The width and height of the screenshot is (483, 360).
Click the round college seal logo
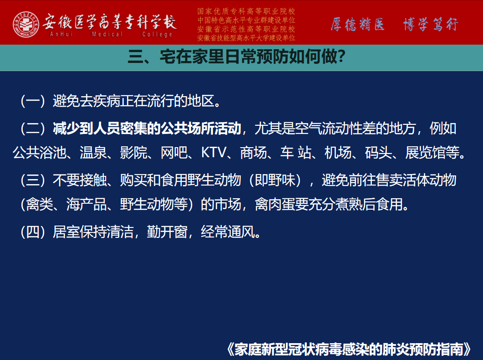click(x=26, y=25)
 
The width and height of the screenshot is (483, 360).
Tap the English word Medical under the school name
click(x=107, y=34)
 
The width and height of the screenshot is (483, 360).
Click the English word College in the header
click(x=157, y=34)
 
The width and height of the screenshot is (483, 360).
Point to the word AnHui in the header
click(x=61, y=34)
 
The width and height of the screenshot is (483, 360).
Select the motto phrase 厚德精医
click(x=358, y=24)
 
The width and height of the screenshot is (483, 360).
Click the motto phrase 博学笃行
click(x=431, y=24)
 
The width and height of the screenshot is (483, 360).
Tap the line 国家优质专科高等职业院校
click(x=246, y=11)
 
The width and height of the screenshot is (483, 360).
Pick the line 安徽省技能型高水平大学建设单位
click(x=246, y=38)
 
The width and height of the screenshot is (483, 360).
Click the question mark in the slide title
click(x=341, y=57)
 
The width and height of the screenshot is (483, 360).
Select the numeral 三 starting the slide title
click(x=136, y=57)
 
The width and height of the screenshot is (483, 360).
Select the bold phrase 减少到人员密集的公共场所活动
click(x=147, y=129)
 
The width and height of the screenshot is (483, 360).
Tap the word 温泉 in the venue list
click(x=93, y=153)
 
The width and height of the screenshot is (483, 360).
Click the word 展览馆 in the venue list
click(x=425, y=153)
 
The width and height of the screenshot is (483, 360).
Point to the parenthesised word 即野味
click(x=275, y=180)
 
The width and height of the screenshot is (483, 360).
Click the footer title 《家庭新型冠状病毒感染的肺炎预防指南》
click(x=349, y=350)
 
